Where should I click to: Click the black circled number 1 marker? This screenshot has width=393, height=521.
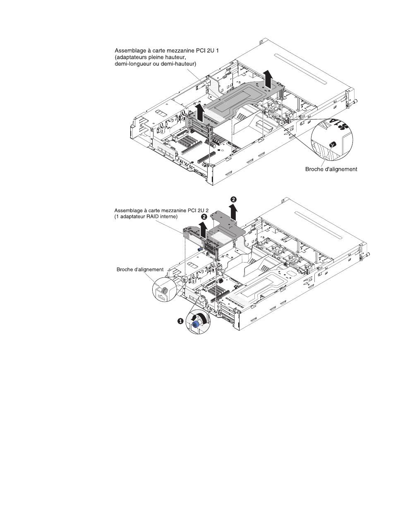click(180, 321)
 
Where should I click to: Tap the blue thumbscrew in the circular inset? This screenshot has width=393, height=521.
click(196, 324)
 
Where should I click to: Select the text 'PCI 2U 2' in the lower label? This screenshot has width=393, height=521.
click(199, 210)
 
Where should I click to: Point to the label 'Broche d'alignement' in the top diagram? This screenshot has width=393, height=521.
click(331, 169)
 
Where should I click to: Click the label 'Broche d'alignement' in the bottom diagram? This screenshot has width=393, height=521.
click(140, 270)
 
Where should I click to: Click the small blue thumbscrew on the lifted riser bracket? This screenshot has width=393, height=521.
click(200, 249)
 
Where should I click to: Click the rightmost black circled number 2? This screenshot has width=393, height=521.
click(234, 199)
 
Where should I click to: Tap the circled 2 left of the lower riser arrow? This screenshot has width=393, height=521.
click(204, 217)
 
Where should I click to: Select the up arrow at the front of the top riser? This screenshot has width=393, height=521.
click(200, 113)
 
